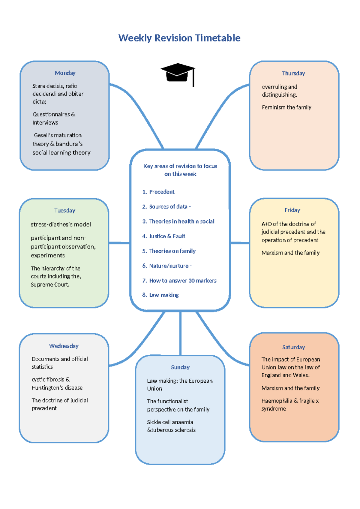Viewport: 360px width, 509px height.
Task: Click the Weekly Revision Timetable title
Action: pos(179,38)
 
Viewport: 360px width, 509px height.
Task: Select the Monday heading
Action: pos(65,73)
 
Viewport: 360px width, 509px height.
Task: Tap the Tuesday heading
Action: pos(64,210)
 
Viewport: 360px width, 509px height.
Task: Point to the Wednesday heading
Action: pos(64,346)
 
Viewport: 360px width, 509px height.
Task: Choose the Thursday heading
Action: pos(293,74)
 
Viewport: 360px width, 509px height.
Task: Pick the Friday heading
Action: pos(292,210)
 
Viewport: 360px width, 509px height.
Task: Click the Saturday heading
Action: pos(293,347)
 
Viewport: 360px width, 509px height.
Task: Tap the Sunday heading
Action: pos(180,367)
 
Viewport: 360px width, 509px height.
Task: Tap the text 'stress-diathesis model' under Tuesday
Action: pos(61,224)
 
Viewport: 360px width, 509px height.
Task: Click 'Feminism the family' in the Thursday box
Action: pos(286,107)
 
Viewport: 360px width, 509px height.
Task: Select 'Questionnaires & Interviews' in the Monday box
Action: pos(54,119)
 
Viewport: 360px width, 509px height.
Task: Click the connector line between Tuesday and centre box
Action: pos(119,243)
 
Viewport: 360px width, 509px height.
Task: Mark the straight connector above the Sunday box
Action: pos(180,333)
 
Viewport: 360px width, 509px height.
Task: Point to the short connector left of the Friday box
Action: pos(240,243)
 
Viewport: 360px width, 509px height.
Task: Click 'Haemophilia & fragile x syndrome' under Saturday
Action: pos(290,405)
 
